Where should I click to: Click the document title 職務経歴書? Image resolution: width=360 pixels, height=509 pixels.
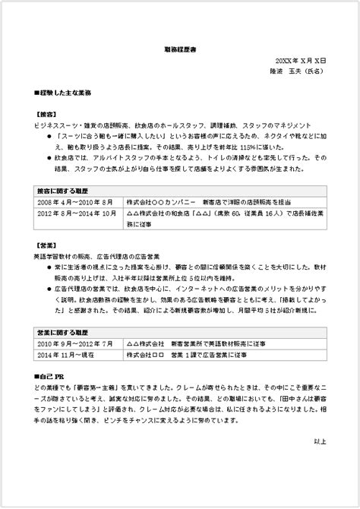click(x=179, y=47)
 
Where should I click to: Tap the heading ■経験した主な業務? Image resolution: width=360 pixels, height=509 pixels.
click(x=63, y=93)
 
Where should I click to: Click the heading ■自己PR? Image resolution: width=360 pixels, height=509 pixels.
click(x=50, y=377)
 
